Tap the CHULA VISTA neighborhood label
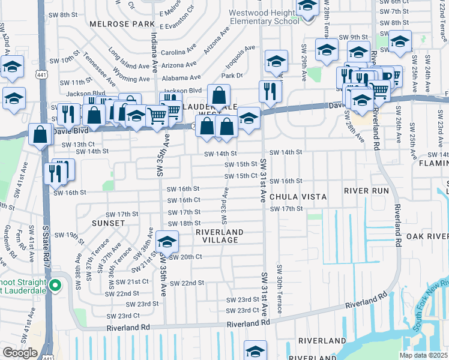coord(298,197)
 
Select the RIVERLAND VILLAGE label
coord(220,236)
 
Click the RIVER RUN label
coord(367,190)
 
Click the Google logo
coord(20,353)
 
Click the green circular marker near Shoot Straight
coord(56,285)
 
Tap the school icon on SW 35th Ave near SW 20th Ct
coord(167,242)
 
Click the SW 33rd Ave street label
coord(226,202)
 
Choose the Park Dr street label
coord(232,76)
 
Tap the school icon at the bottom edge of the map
coord(255,350)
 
